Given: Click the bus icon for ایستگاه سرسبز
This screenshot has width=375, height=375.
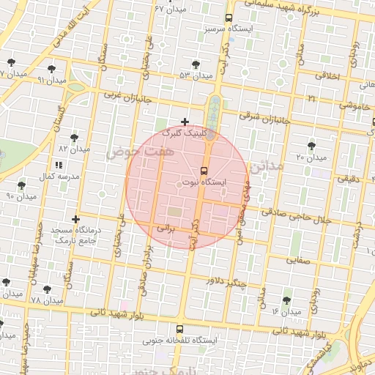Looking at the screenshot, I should (229, 18).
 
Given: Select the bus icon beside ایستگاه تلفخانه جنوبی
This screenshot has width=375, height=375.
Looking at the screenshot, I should (180, 329).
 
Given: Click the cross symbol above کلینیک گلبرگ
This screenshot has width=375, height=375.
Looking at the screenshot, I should (185, 122).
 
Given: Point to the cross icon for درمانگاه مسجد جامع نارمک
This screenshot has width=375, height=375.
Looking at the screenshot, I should (75, 219).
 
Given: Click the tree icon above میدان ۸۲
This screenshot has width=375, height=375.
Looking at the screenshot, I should (75, 138).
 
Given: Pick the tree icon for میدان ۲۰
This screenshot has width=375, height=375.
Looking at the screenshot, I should (312, 146).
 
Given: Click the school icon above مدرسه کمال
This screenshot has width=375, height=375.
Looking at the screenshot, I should (59, 166).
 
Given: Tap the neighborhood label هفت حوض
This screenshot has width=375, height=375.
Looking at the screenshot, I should (130, 152).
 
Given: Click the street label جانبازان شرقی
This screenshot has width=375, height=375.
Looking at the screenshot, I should (265, 119).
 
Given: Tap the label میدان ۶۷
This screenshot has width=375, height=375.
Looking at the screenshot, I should (169, 8).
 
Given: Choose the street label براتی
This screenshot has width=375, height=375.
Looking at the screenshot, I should (168, 228).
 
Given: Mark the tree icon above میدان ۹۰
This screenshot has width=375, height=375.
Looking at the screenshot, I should (22, 186).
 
